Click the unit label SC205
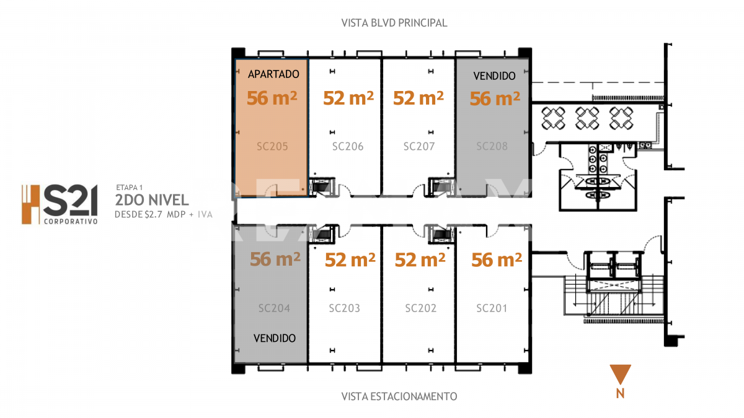(x=273, y=147)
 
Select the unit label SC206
(x=348, y=147)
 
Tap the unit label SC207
(x=419, y=147)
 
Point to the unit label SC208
(x=492, y=147)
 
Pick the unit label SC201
(x=492, y=308)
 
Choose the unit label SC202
(x=421, y=308)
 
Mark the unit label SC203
(x=345, y=308)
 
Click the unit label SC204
(x=275, y=308)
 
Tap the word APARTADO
(x=273, y=74)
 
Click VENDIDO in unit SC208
(x=494, y=76)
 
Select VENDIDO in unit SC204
(x=275, y=339)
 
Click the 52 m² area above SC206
(x=349, y=98)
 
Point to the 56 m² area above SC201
(x=496, y=260)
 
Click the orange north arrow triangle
(x=620, y=374)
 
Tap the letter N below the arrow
(x=620, y=393)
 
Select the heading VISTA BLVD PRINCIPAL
(x=394, y=23)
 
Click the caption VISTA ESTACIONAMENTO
(x=399, y=396)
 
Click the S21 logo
(x=60, y=204)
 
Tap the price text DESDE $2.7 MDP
(x=151, y=215)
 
